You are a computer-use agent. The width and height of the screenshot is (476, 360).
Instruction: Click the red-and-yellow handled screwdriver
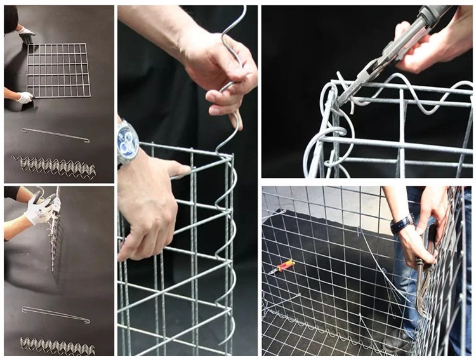coord(282,267)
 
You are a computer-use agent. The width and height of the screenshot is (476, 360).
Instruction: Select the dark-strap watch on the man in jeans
coord(402,223)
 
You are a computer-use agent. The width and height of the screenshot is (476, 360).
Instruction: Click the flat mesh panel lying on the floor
coord(58,70)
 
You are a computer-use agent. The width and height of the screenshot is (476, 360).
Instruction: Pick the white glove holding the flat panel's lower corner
coord(24,98)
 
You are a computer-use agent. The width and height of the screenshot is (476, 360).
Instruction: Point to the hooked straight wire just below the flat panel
coord(55,135)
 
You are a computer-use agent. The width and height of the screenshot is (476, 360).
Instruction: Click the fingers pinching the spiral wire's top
coord(219,70)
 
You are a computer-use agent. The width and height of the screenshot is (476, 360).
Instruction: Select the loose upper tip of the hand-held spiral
coord(243,13)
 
